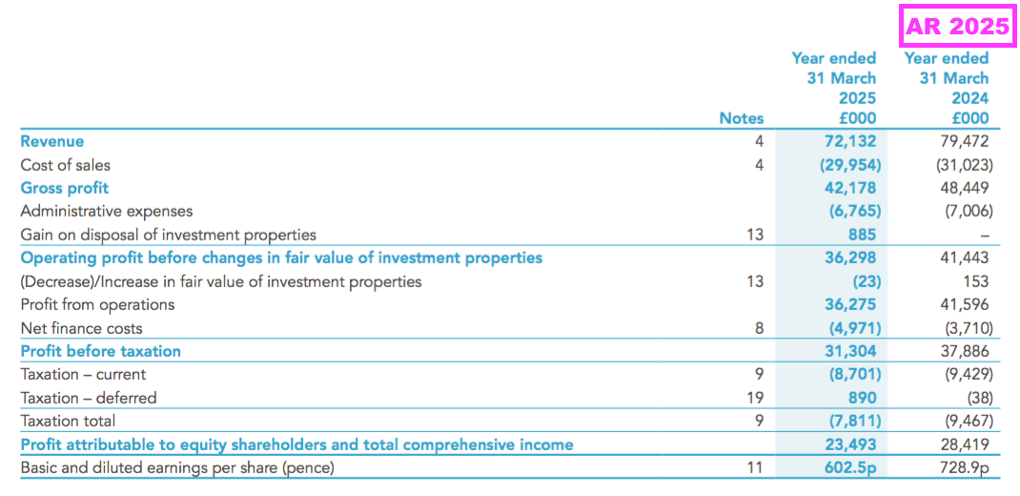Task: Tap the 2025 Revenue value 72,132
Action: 850,141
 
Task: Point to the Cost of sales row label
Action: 65,165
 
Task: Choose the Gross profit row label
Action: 64,188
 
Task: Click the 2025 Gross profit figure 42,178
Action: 850,188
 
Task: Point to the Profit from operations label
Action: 97,304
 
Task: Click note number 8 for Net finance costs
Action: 759,328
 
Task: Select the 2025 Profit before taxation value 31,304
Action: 850,351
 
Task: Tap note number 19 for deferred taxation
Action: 755,398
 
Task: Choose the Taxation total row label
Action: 68,421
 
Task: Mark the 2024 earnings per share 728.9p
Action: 963,467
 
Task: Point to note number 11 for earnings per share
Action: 755,467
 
